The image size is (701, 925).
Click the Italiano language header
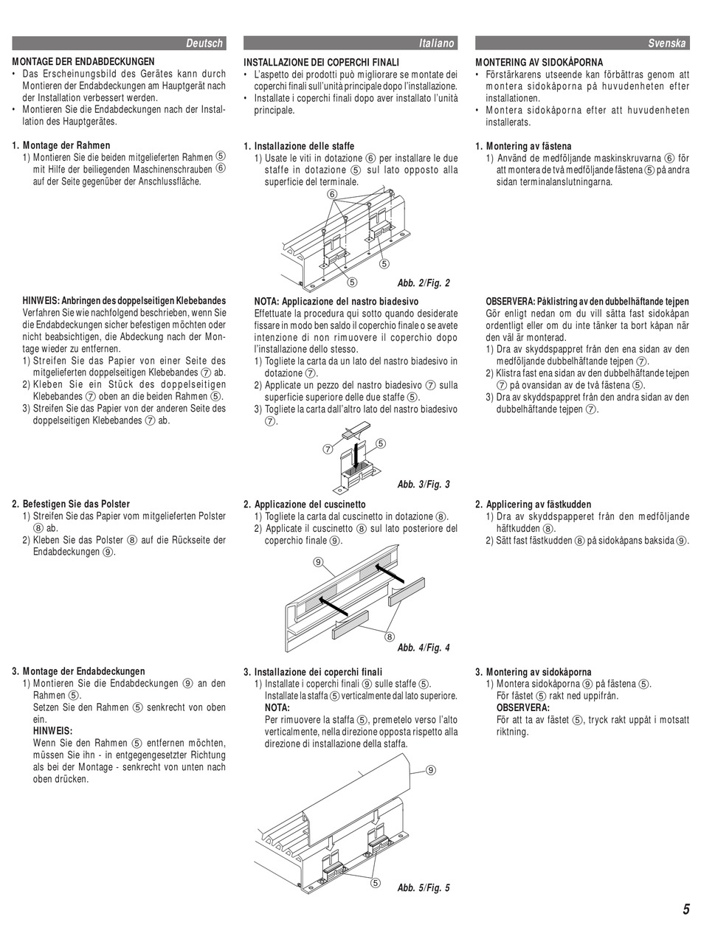tap(436, 44)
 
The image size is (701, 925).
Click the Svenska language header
tap(667, 44)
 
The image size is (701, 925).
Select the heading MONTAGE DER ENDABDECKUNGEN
tap(83, 62)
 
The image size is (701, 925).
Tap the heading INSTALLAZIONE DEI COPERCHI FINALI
tap(321, 62)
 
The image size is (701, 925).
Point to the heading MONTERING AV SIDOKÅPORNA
tap(539, 62)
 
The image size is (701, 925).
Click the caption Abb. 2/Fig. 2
tap(423, 283)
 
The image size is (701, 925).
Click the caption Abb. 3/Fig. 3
tap(423, 485)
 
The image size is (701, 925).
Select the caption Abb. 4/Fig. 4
tap(423, 648)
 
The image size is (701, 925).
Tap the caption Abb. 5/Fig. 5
tap(423, 887)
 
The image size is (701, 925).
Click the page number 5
tap(686, 909)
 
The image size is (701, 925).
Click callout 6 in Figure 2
tap(333, 194)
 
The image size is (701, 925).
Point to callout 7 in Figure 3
tap(326, 449)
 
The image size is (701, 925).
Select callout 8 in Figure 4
tap(389, 637)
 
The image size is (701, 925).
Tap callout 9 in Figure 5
tap(430, 770)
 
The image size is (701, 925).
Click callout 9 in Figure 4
tap(319, 562)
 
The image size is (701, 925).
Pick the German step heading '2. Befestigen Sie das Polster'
tap(71, 505)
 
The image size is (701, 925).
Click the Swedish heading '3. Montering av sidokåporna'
tap(533, 672)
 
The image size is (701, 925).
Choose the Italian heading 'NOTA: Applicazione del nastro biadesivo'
tap(336, 302)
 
